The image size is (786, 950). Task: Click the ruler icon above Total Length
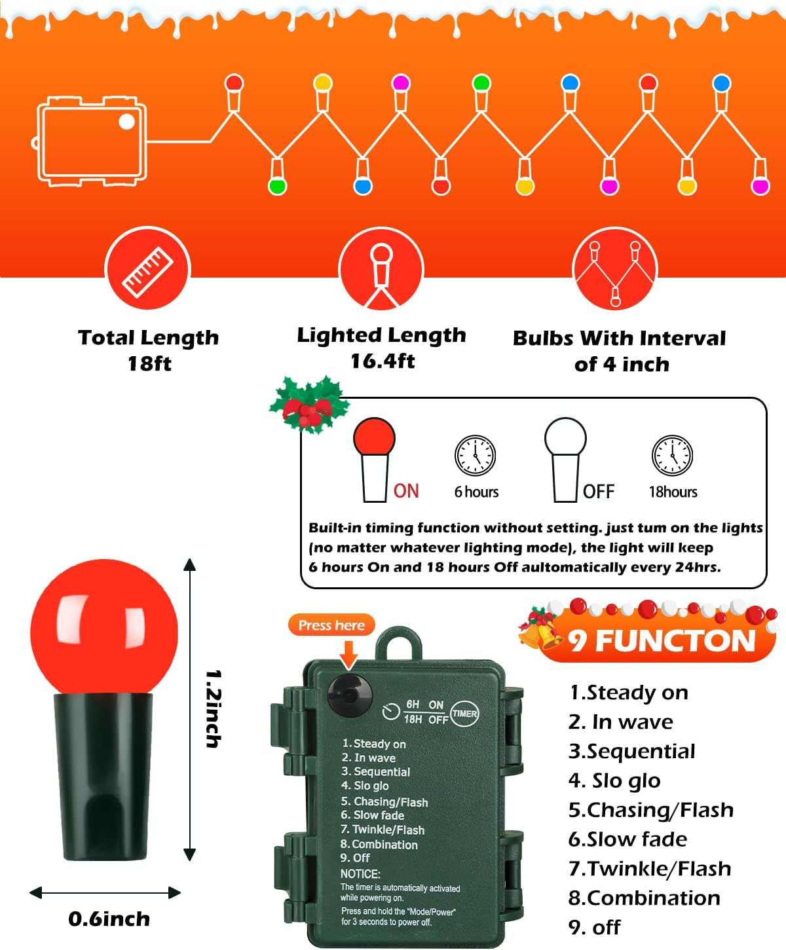tap(147, 268)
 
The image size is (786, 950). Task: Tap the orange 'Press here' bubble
tap(331, 625)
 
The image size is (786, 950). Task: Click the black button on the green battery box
tap(350, 691)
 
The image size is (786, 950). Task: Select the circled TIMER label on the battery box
tap(464, 714)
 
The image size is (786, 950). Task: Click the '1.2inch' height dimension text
tap(214, 708)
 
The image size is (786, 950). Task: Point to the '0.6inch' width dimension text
tap(109, 919)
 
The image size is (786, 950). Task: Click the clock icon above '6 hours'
tap(476, 455)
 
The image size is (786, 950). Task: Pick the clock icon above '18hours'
tap(672, 455)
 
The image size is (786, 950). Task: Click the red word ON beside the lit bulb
tap(406, 491)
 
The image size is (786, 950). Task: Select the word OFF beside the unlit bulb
tap(599, 492)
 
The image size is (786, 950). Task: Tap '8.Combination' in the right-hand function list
tap(644, 898)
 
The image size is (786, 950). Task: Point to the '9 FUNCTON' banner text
tap(662, 640)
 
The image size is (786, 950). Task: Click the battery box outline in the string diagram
tap(92, 141)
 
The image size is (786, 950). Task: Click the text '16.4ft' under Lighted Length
tap(383, 361)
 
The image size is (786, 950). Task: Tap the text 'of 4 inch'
tap(622, 364)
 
